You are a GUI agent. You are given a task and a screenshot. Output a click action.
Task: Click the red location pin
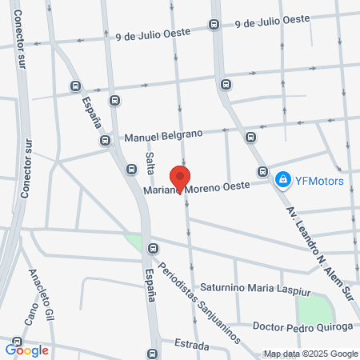(181, 178)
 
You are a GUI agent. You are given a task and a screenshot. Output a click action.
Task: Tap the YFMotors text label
(319, 180)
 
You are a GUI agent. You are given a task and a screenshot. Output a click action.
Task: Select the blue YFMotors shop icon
(282, 180)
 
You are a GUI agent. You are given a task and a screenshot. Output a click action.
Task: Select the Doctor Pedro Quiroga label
(302, 326)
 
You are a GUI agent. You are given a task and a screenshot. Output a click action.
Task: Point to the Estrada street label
(191, 346)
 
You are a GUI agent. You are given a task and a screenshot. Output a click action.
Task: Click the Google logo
(27, 350)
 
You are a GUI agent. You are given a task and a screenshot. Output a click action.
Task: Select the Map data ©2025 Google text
(311, 354)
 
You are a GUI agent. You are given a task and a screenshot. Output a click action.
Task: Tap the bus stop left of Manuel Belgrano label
(105, 140)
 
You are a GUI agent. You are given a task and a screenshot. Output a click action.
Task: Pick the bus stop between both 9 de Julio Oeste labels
(213, 24)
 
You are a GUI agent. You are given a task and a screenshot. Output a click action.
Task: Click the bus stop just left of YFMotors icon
(262, 171)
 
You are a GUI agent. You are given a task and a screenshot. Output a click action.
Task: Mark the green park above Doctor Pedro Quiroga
(314, 308)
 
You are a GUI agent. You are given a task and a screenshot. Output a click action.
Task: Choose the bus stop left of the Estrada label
(152, 354)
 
